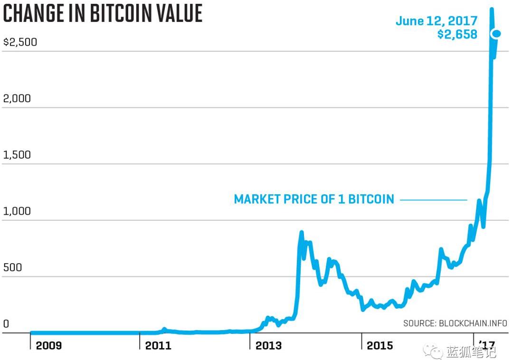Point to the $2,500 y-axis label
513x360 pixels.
20,42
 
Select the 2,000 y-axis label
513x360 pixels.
17,98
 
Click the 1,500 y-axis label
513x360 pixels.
17,155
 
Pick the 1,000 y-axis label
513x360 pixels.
17,211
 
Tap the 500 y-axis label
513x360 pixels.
12,267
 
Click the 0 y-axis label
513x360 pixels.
6,324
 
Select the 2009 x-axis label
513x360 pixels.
49,345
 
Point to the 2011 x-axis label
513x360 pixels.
158,345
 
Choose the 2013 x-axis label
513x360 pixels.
268,345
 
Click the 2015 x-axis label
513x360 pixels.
380,345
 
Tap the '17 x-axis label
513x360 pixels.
487,344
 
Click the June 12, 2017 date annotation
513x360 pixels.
437,21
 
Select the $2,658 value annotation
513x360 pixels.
457,34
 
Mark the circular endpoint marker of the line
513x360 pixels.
497,33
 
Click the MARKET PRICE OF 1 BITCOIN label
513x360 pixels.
314,199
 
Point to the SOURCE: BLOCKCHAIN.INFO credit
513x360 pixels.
455,323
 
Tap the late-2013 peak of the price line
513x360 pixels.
301,233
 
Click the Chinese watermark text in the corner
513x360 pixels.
471,352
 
